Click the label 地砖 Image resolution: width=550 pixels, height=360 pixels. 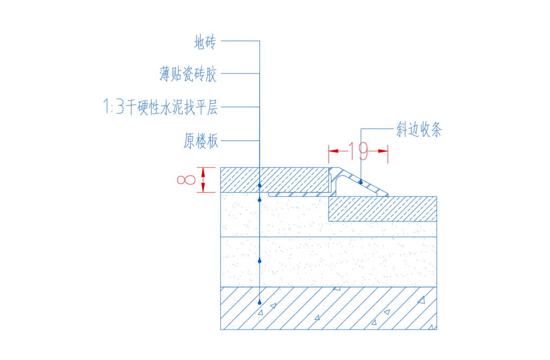pyautogui.click(x=205, y=42)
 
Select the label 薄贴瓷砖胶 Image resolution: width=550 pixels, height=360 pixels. pyautogui.click(x=188, y=74)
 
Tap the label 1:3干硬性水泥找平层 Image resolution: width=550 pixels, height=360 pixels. pyautogui.click(x=160, y=107)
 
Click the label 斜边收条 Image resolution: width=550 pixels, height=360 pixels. pyautogui.click(x=419, y=130)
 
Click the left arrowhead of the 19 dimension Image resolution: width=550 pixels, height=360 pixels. pyautogui.click(x=333, y=151)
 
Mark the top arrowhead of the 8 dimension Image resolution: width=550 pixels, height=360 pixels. pyautogui.click(x=204, y=171)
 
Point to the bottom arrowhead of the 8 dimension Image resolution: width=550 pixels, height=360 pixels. pyautogui.click(x=204, y=188)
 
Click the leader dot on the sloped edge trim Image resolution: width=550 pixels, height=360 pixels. pyautogui.click(x=361, y=183)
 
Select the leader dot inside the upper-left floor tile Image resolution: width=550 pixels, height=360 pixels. pyautogui.click(x=259, y=185)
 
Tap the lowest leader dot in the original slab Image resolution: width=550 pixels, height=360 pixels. pyautogui.click(x=259, y=303)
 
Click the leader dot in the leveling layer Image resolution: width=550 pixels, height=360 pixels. pyautogui.click(x=259, y=261)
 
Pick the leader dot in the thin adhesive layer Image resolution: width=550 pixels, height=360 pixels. pyautogui.click(x=259, y=200)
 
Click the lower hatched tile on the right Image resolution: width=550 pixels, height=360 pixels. pyautogui.click(x=382, y=208)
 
